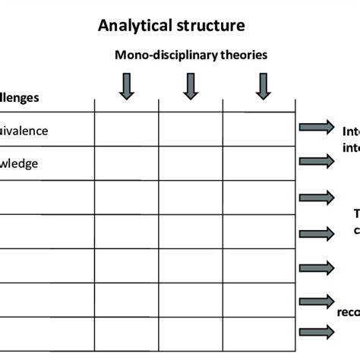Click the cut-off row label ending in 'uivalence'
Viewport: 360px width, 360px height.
click(24, 131)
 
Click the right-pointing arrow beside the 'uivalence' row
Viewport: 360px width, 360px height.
click(316, 128)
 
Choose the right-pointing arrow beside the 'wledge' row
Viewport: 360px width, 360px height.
click(316, 161)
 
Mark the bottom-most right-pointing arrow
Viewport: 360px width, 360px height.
click(316, 331)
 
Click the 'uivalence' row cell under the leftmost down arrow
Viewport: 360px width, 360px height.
click(126, 130)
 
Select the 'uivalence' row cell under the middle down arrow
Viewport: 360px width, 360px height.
click(191, 130)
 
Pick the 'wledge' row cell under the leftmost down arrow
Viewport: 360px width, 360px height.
click(126, 163)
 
